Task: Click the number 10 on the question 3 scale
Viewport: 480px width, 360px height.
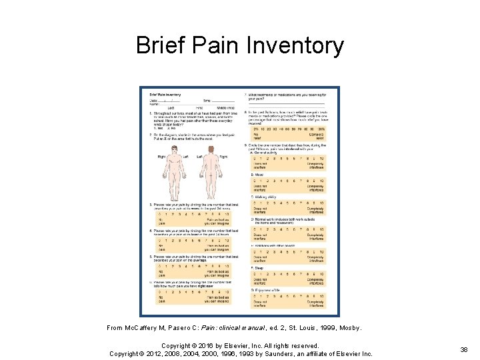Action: click(227, 214)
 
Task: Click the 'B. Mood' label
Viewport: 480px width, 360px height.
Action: click(257, 175)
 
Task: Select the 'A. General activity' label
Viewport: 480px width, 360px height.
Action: click(265, 152)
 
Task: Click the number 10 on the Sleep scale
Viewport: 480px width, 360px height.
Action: click(321, 274)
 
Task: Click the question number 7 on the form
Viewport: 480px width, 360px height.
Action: click(246, 94)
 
